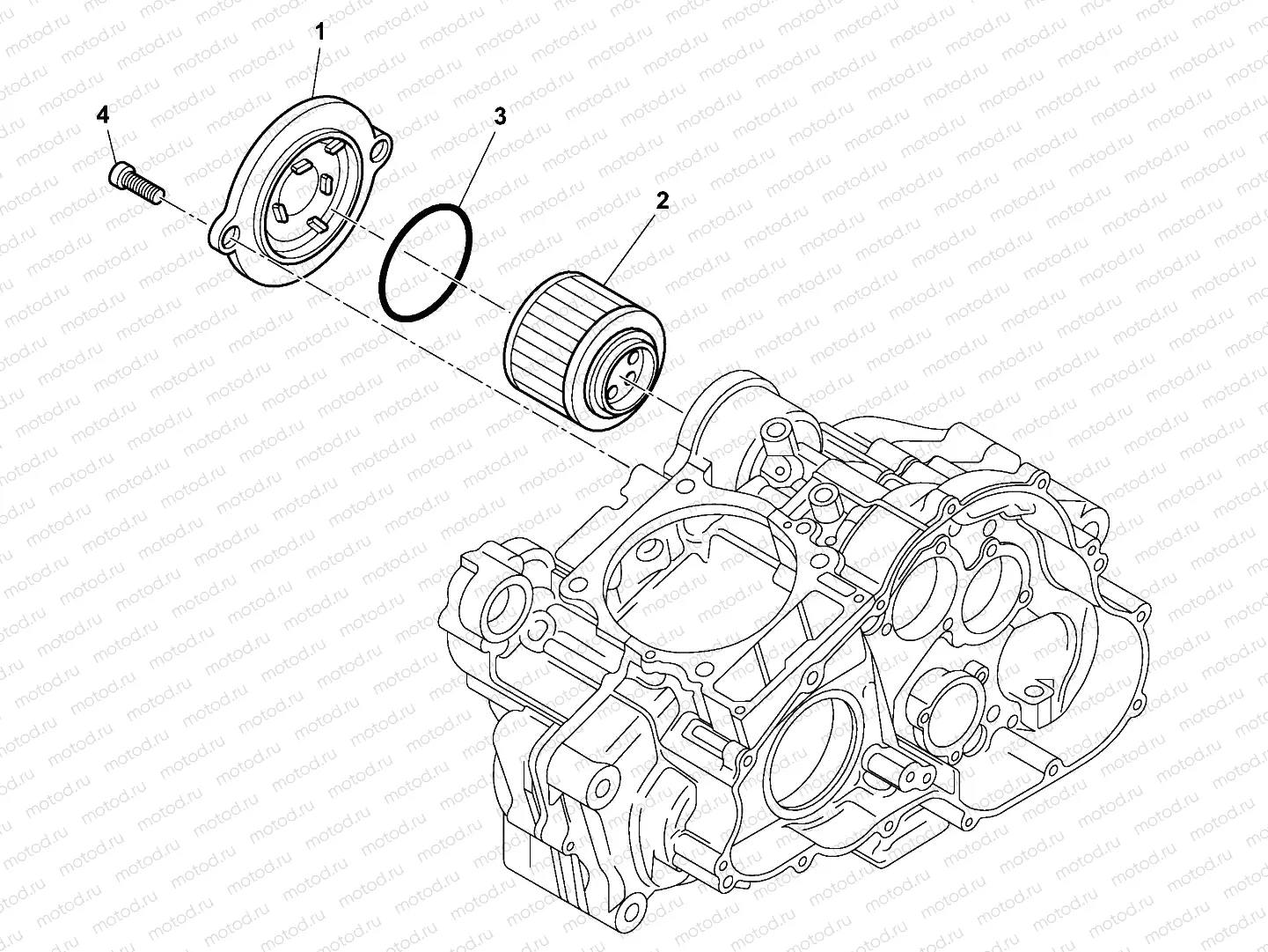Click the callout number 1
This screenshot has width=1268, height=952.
(319, 33)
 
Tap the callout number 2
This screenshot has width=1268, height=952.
(662, 200)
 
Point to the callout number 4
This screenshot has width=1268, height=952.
(103, 114)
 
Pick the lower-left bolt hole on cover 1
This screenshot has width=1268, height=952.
(230, 238)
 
